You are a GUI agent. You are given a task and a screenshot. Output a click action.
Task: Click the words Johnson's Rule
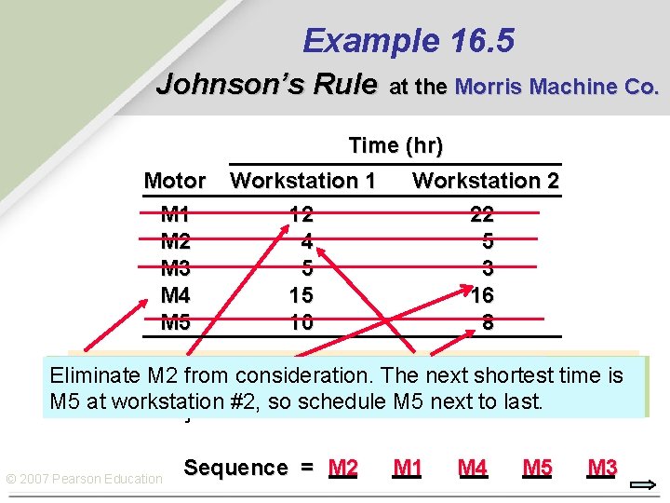coord(266,85)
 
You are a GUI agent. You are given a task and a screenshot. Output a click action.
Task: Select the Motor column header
coord(175,181)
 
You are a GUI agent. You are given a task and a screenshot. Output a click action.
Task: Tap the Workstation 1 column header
coord(302,181)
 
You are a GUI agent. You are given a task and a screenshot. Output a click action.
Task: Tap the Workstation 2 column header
coord(485,181)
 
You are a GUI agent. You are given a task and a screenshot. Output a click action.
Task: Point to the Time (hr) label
coord(395,145)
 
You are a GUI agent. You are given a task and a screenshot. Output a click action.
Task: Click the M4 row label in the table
coord(175,296)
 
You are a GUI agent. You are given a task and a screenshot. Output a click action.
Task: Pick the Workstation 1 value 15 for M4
coord(301,296)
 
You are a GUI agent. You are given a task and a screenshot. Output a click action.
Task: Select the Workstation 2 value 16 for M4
coord(482,296)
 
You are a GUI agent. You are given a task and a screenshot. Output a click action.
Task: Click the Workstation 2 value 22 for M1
coord(482,214)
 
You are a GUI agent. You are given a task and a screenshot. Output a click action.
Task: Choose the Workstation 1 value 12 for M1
coord(301,214)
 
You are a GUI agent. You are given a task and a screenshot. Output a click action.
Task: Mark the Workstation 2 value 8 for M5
coord(488,323)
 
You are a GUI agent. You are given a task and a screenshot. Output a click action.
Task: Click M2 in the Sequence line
coord(343,468)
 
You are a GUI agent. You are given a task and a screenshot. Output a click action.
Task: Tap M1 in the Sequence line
coord(408,468)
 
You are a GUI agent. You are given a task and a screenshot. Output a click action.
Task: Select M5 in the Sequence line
coord(537,468)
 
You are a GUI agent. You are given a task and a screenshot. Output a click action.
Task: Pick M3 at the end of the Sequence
coord(602,468)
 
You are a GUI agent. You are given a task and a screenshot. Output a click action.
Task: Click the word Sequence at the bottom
coord(235,468)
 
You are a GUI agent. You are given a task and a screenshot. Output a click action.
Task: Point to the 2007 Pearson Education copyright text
coord(84,479)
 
